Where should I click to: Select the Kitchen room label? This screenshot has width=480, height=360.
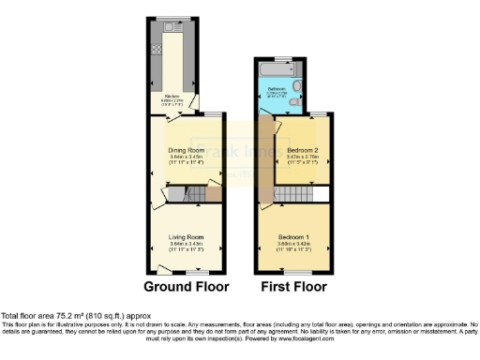point(172,96)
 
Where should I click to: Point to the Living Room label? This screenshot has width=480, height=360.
point(186,238)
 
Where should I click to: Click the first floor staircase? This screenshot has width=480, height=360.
point(292,195)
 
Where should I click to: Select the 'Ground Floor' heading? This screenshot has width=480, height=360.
point(185,286)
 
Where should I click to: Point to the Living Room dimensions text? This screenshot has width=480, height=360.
point(186,249)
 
